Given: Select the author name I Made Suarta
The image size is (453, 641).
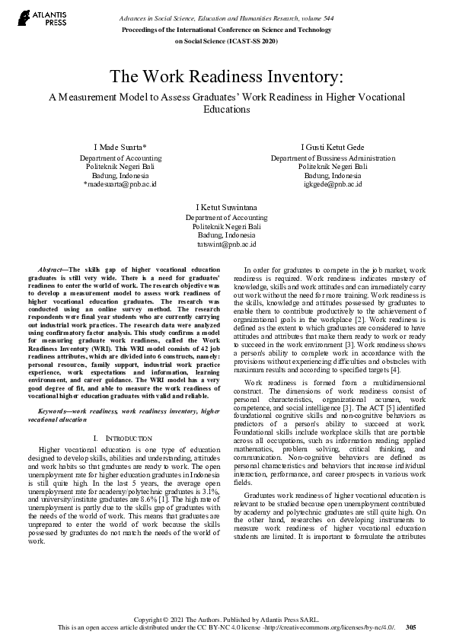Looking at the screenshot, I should tap(120, 147).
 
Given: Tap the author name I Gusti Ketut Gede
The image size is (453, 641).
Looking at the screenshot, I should tap(333, 147).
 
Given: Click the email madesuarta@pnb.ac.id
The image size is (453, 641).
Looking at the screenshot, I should tap(120, 184).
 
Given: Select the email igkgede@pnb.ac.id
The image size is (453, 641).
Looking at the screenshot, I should tap(333, 184).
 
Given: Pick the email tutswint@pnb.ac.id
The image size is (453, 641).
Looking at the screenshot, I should tap(226, 244).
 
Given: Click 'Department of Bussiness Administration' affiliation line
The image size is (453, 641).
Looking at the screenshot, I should tap(333, 158).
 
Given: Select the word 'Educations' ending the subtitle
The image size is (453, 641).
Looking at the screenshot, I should tap(226, 109).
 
